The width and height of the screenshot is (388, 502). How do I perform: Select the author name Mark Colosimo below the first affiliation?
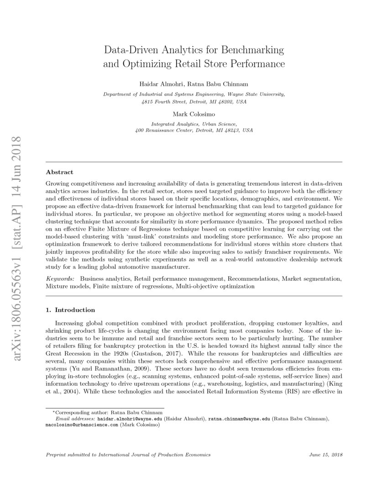tap(194, 114)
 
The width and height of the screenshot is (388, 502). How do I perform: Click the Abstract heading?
tap(59, 173)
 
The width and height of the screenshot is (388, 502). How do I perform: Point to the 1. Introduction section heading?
tap(70, 310)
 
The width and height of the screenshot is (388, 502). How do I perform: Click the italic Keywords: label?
tap(61, 278)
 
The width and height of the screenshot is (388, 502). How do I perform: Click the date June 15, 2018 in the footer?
tap(325, 455)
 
